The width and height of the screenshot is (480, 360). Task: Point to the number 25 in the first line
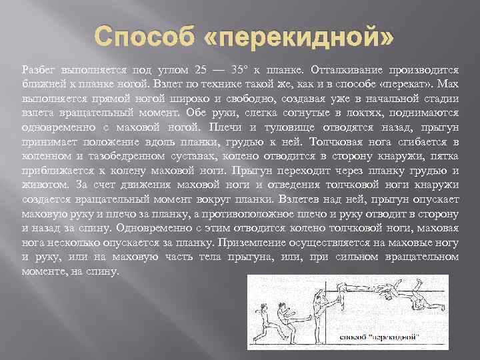(203, 70)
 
